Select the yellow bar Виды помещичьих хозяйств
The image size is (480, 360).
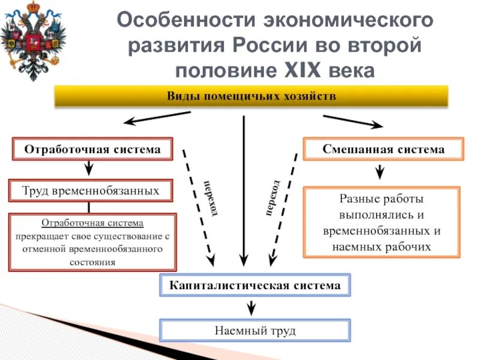point(251,96)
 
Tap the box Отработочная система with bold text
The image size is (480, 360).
point(92,149)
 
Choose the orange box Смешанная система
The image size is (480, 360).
point(383,149)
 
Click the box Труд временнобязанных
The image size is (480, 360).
point(91,190)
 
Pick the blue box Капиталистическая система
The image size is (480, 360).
point(254,285)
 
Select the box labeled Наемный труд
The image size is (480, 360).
point(254,330)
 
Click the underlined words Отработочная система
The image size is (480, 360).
point(92,223)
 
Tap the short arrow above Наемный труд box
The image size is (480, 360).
point(253,307)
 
